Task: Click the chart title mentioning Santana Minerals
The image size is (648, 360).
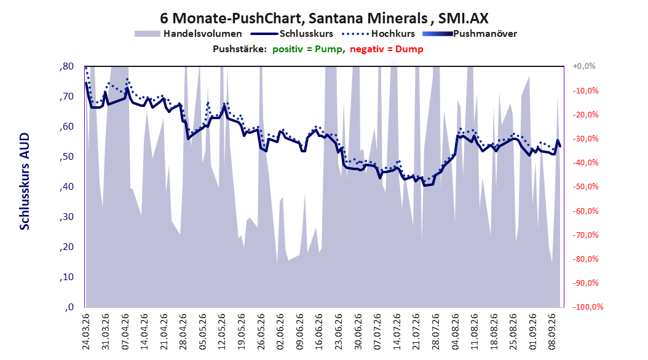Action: (x=324, y=18)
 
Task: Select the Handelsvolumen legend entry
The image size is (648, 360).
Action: (x=188, y=34)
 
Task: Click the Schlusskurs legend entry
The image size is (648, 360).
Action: (x=292, y=34)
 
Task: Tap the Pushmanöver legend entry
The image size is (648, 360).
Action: (x=470, y=34)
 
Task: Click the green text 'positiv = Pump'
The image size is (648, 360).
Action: (x=307, y=49)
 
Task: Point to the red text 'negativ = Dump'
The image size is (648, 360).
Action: (x=387, y=49)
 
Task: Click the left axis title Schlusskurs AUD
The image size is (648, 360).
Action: (x=25, y=181)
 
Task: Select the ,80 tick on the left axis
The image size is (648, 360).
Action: (x=66, y=66)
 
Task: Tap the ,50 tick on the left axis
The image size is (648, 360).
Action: (x=66, y=157)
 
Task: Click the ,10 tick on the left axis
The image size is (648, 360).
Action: (x=66, y=277)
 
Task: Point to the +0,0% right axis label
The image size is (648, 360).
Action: (x=584, y=66)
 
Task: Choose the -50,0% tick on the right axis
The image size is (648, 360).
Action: (x=585, y=187)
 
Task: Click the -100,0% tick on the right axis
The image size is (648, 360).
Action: (x=588, y=307)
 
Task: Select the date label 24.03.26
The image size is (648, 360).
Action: (x=86, y=332)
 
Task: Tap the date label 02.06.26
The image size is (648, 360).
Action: (x=280, y=332)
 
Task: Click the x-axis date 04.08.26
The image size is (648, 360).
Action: (x=456, y=332)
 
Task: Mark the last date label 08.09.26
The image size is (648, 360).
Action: (x=552, y=332)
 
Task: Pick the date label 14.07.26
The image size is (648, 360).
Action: (x=397, y=332)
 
